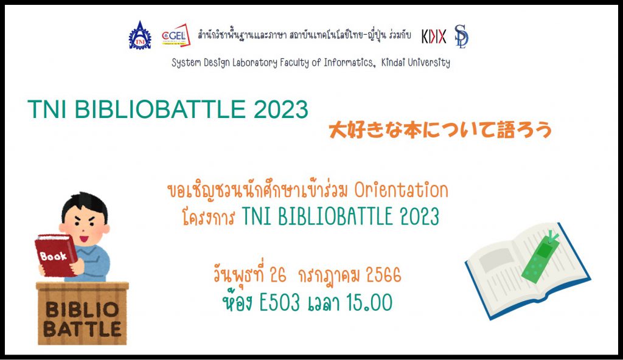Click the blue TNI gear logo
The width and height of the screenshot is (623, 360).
(140, 36)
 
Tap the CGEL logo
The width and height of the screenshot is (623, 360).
(176, 35)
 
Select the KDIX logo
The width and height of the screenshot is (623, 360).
(434, 36)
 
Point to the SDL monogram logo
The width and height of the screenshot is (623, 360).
(462, 36)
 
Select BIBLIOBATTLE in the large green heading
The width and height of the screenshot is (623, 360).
(160, 109)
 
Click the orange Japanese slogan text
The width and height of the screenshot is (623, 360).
(440, 130)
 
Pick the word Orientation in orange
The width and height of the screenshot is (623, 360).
(402, 190)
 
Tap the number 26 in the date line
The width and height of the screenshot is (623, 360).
(277, 275)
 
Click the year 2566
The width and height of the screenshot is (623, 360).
(383, 275)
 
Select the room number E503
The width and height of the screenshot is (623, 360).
(280, 303)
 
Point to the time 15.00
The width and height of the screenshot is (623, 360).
(369, 303)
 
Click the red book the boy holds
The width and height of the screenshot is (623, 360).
(55, 255)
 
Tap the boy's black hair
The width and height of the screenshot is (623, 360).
(85, 206)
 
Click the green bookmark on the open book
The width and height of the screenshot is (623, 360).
(543, 257)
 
